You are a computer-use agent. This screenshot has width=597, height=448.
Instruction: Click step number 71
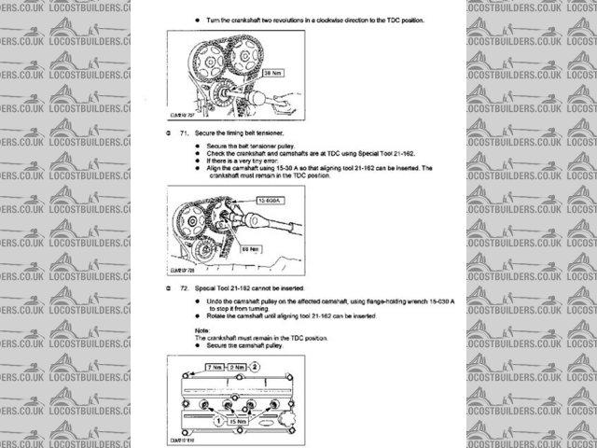[171, 133]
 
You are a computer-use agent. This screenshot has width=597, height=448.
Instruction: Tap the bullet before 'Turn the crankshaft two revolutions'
[197, 19]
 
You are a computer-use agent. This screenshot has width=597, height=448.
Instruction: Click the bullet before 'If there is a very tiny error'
[197, 161]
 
